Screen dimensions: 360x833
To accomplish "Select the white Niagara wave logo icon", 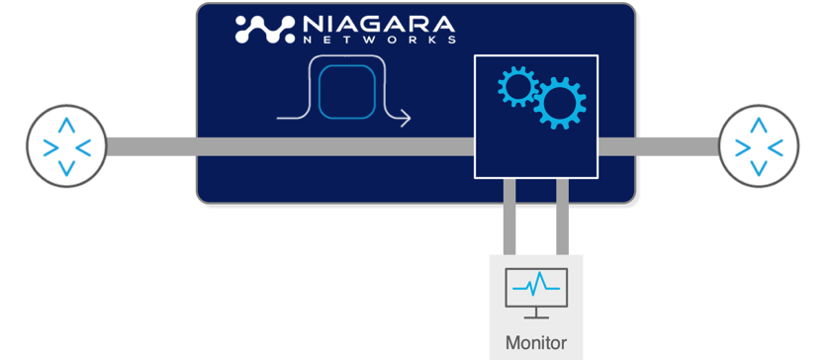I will (x=265, y=30).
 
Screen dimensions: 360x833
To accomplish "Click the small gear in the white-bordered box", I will (x=514, y=86).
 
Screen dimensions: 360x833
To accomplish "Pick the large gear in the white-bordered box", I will (x=559, y=103).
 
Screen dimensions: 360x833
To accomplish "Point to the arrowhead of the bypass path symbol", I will (x=405, y=119).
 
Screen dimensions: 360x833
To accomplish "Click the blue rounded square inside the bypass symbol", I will (x=351, y=91).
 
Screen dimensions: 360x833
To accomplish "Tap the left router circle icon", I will (x=65, y=145).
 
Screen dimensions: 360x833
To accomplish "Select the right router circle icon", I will (x=758, y=146).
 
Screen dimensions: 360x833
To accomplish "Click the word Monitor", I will (x=535, y=343).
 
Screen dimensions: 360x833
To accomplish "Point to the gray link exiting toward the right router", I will (x=657, y=146).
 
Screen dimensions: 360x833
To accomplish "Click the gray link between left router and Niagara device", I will (x=148, y=146).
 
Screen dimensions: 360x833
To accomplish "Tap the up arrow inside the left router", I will (x=66, y=125).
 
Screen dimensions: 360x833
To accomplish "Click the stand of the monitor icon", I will (x=535, y=315).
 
